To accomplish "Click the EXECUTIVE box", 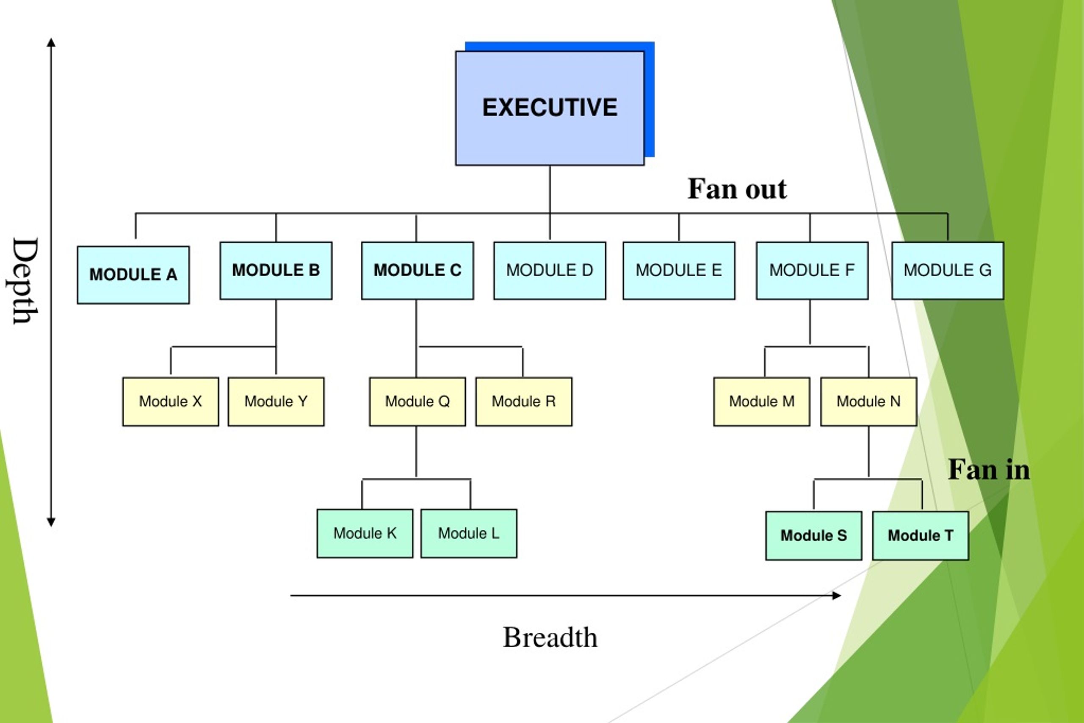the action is click(550, 108).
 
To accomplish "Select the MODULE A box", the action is click(133, 275).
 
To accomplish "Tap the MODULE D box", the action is click(550, 271).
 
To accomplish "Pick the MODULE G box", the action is click(948, 271).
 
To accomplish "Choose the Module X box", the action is click(171, 402).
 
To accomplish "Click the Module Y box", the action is click(276, 402).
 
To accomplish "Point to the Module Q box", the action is click(418, 402).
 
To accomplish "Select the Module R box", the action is click(524, 402).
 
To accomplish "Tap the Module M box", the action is click(762, 402).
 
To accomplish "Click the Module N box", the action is click(869, 402).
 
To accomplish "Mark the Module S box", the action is click(814, 536).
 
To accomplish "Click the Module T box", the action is click(921, 536).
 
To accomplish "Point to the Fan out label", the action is click(737, 189).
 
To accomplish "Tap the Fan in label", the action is click(989, 470).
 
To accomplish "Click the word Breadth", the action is click(550, 637).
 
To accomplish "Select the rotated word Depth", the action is click(25, 281).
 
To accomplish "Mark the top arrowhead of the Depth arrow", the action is click(51, 42).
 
